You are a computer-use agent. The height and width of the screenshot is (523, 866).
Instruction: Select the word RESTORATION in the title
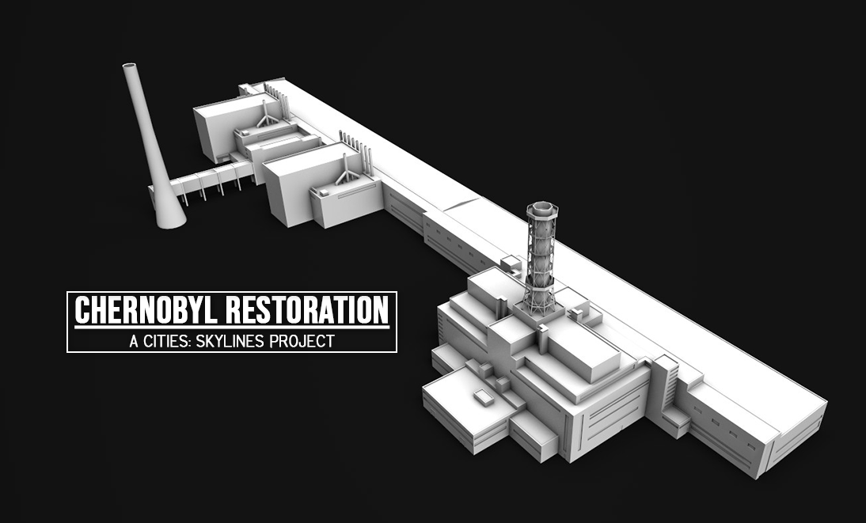[308, 310]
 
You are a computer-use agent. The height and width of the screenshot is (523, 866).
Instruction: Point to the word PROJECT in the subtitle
[302, 341]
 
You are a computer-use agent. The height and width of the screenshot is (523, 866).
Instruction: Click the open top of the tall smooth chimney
[130, 66]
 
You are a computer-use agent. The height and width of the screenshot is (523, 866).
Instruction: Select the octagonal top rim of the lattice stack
[541, 209]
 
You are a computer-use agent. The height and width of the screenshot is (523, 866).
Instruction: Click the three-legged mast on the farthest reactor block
[266, 113]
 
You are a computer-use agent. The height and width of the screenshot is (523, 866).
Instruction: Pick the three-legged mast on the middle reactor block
[346, 169]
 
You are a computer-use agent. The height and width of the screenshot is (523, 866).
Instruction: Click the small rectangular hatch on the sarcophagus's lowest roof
[482, 396]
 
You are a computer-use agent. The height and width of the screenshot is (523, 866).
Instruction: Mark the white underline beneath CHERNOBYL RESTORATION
[232, 328]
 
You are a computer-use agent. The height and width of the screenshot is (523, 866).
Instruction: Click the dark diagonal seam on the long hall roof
[461, 203]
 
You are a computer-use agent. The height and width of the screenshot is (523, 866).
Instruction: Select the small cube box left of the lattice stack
[511, 264]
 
